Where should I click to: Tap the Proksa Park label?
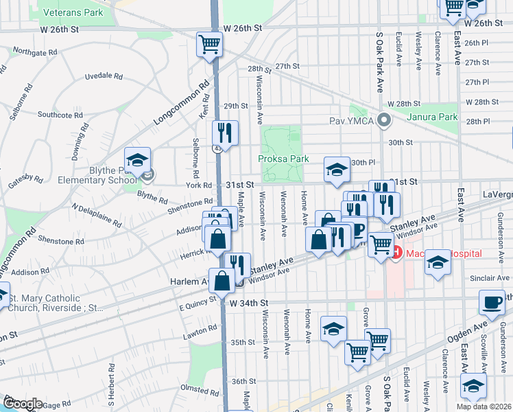[283, 159]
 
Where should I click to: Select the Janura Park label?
[432, 117]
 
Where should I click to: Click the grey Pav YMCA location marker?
[384, 121]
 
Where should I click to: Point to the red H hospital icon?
[395, 253]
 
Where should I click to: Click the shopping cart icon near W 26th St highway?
[210, 45]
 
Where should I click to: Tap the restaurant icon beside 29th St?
[225, 132]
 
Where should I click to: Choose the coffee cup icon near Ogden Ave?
[492, 302]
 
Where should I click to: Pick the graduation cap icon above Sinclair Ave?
[438, 262]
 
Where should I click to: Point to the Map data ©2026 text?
[483, 407]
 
